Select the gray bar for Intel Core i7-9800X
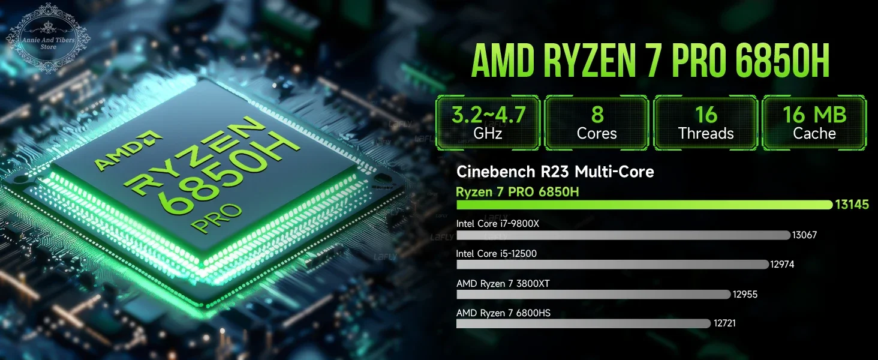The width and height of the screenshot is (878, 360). (x=623, y=235)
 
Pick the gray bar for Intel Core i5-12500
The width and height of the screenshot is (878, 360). (x=612, y=264)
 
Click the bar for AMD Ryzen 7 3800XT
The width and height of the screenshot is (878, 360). (x=594, y=294)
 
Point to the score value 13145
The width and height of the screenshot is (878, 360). (x=852, y=205)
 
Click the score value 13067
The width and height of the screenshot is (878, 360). (x=804, y=235)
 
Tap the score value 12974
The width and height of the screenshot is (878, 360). (x=782, y=264)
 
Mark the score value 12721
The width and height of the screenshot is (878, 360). (x=724, y=323)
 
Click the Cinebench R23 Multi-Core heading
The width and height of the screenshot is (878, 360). (x=555, y=172)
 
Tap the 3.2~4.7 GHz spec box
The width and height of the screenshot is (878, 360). (x=488, y=123)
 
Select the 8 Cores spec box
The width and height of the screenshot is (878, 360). (x=597, y=123)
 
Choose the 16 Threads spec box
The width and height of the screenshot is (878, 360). (x=706, y=123)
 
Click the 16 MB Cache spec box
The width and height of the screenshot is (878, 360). (x=814, y=123)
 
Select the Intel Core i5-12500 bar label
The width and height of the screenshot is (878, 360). (x=496, y=254)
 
